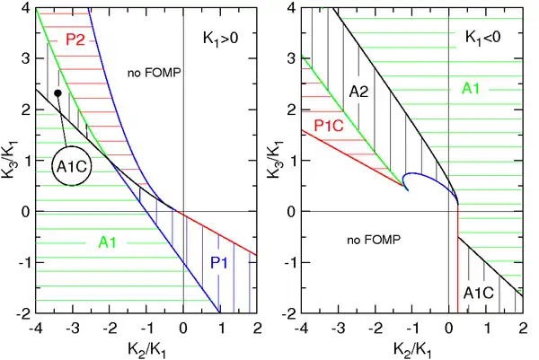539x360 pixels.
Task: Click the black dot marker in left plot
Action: tap(57, 93)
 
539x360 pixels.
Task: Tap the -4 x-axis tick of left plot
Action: tap(36, 328)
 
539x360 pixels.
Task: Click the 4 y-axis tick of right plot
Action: tap(292, 8)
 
